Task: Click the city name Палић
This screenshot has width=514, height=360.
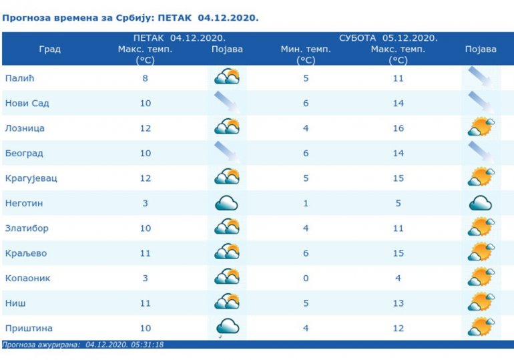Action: coord(19,78)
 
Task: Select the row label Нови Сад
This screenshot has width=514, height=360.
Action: coord(27,104)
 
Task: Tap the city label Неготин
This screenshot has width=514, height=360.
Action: coord(24,203)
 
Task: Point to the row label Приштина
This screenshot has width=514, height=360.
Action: coord(29,328)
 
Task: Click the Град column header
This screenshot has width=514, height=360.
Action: coord(49,49)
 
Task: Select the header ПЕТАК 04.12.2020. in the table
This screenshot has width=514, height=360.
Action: coord(179,38)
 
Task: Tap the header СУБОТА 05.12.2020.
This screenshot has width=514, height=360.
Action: coord(389,38)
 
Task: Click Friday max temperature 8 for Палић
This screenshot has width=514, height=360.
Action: coord(145,78)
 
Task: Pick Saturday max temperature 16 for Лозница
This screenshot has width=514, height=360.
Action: coord(398,128)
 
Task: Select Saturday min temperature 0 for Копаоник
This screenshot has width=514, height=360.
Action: coord(306,278)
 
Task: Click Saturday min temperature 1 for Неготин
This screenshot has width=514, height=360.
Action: coord(306,203)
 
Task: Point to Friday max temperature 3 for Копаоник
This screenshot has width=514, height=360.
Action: coord(145,278)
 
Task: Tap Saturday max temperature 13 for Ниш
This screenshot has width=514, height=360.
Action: coord(398,303)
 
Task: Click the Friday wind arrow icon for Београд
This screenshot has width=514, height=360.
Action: coord(226,153)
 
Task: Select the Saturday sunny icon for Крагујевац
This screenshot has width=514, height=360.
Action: coord(481,178)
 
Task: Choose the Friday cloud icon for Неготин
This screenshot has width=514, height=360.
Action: coord(226,203)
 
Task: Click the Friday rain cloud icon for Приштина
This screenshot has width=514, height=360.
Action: coord(226,327)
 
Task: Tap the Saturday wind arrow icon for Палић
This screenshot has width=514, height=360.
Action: coord(481,77)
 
